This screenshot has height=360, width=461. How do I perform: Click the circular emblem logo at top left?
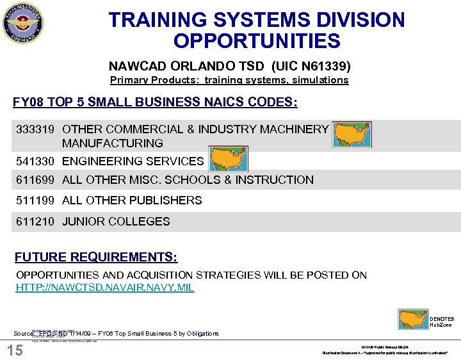click(x=24, y=24)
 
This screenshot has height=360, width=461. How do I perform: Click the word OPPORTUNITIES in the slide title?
click(x=257, y=42)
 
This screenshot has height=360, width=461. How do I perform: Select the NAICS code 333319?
click(x=36, y=129)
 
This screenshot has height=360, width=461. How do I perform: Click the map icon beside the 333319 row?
click(x=352, y=135)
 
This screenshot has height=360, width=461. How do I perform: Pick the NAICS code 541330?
click(x=36, y=161)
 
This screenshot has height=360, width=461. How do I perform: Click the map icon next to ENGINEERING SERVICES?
click(x=228, y=160)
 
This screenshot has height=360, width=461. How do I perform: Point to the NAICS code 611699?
click(x=36, y=180)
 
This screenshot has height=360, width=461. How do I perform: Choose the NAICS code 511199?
click(x=36, y=200)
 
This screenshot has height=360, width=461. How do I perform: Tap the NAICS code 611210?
click(x=36, y=222)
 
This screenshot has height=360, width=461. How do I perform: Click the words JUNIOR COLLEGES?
click(x=116, y=222)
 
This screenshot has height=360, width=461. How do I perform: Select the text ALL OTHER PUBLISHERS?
click(x=132, y=200)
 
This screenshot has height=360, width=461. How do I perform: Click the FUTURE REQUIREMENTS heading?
click(x=96, y=258)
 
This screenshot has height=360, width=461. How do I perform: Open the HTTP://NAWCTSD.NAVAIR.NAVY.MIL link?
click(x=104, y=288)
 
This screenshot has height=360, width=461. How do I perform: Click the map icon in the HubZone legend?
click(x=412, y=320)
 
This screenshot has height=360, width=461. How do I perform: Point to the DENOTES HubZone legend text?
click(x=442, y=322)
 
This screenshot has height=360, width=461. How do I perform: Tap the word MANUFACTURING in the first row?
click(x=113, y=143)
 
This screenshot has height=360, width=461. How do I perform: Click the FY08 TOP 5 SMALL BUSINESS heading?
click(x=155, y=102)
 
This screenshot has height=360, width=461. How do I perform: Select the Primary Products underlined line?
click(x=229, y=80)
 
